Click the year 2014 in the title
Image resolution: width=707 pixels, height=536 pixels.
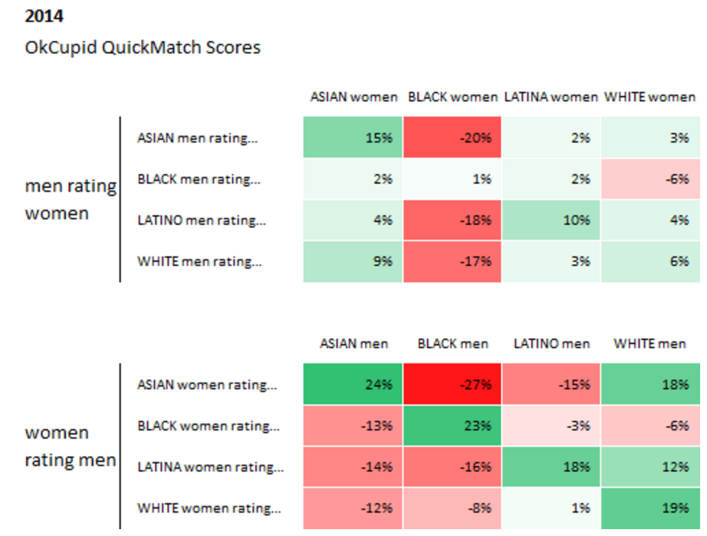(x=44, y=16)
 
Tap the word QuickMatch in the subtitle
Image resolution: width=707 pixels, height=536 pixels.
(x=151, y=47)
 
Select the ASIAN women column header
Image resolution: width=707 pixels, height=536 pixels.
(x=353, y=97)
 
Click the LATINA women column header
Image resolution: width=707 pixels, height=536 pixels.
(x=550, y=97)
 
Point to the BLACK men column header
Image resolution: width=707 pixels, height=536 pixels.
(x=453, y=343)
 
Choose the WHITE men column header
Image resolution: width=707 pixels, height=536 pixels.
(x=650, y=343)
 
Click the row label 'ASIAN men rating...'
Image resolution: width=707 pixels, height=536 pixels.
(x=198, y=138)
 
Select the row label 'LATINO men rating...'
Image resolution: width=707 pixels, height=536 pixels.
(x=202, y=220)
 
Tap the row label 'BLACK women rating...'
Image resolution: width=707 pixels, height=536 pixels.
(x=208, y=426)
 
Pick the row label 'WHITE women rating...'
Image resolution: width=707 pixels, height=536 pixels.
(x=209, y=508)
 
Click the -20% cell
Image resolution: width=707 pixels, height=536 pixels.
(x=452, y=137)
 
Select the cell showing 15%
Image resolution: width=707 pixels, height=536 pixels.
(x=353, y=137)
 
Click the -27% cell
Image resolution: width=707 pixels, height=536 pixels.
(x=452, y=385)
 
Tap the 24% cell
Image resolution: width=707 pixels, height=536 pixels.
(x=353, y=385)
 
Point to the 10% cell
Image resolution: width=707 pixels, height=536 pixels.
(x=551, y=220)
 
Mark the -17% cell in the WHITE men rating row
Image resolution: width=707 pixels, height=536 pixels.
(x=452, y=262)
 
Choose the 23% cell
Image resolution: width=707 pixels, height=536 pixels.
(x=452, y=426)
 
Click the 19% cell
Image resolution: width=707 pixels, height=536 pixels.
(x=651, y=508)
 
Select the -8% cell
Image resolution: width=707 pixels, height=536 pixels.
(x=452, y=508)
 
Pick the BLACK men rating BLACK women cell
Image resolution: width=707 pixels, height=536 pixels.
(x=452, y=179)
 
